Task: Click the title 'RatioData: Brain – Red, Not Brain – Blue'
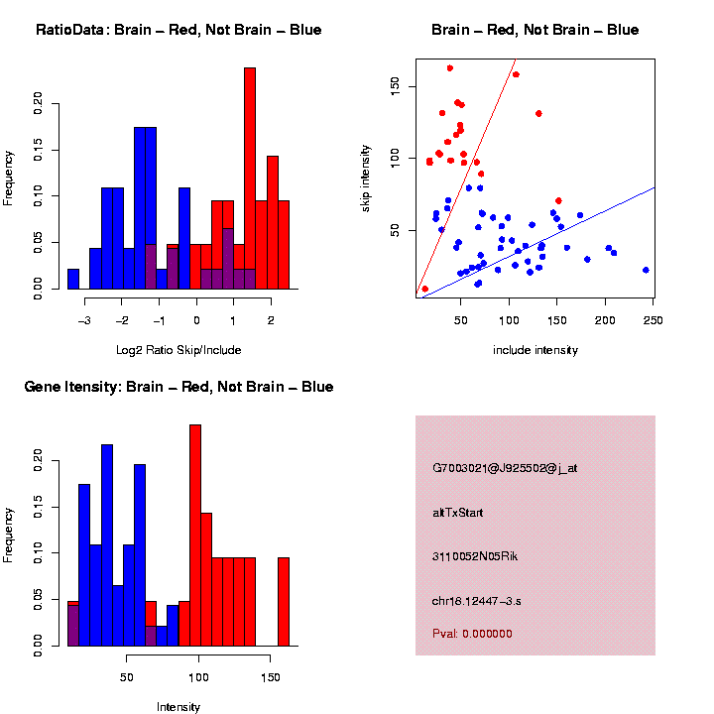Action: click(178, 30)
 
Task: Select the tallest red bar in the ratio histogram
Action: click(250, 178)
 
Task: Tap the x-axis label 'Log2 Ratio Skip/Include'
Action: click(178, 350)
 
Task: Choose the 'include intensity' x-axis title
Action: click(535, 350)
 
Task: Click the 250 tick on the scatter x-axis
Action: click(654, 320)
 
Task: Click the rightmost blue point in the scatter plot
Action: click(646, 270)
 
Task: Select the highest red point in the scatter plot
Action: click(450, 68)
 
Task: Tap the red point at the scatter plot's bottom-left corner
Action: click(425, 289)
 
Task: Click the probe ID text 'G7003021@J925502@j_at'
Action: click(505, 468)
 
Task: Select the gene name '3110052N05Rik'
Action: click(475, 556)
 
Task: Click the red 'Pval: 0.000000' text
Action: click(472, 634)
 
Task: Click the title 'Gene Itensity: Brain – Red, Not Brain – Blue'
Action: click(178, 387)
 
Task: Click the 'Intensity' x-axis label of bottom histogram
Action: click(178, 707)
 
